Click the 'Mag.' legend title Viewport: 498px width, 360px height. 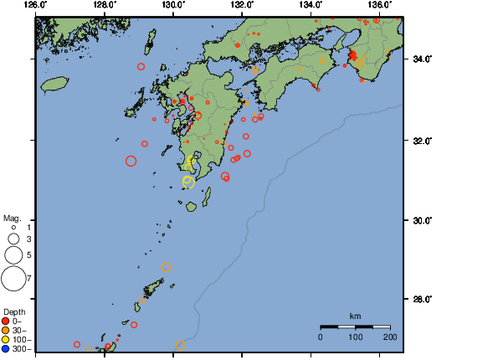coord(11,218)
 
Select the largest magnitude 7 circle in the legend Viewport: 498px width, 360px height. coord(13,277)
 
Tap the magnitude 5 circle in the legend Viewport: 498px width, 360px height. coord(13,254)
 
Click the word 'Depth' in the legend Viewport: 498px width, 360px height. coord(14,311)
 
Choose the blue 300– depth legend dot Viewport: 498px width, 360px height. coord(6,347)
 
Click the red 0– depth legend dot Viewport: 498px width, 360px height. coord(6,321)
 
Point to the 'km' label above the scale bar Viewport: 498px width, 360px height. coord(355,316)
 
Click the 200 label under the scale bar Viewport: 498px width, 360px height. coord(389,337)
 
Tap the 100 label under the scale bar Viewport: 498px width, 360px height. coord(355,337)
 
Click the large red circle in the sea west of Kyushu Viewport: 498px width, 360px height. coord(131,161)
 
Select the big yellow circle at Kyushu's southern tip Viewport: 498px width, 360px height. coord(188,183)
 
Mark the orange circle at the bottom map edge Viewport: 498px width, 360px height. coord(180,346)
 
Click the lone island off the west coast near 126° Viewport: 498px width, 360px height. coord(54,84)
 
